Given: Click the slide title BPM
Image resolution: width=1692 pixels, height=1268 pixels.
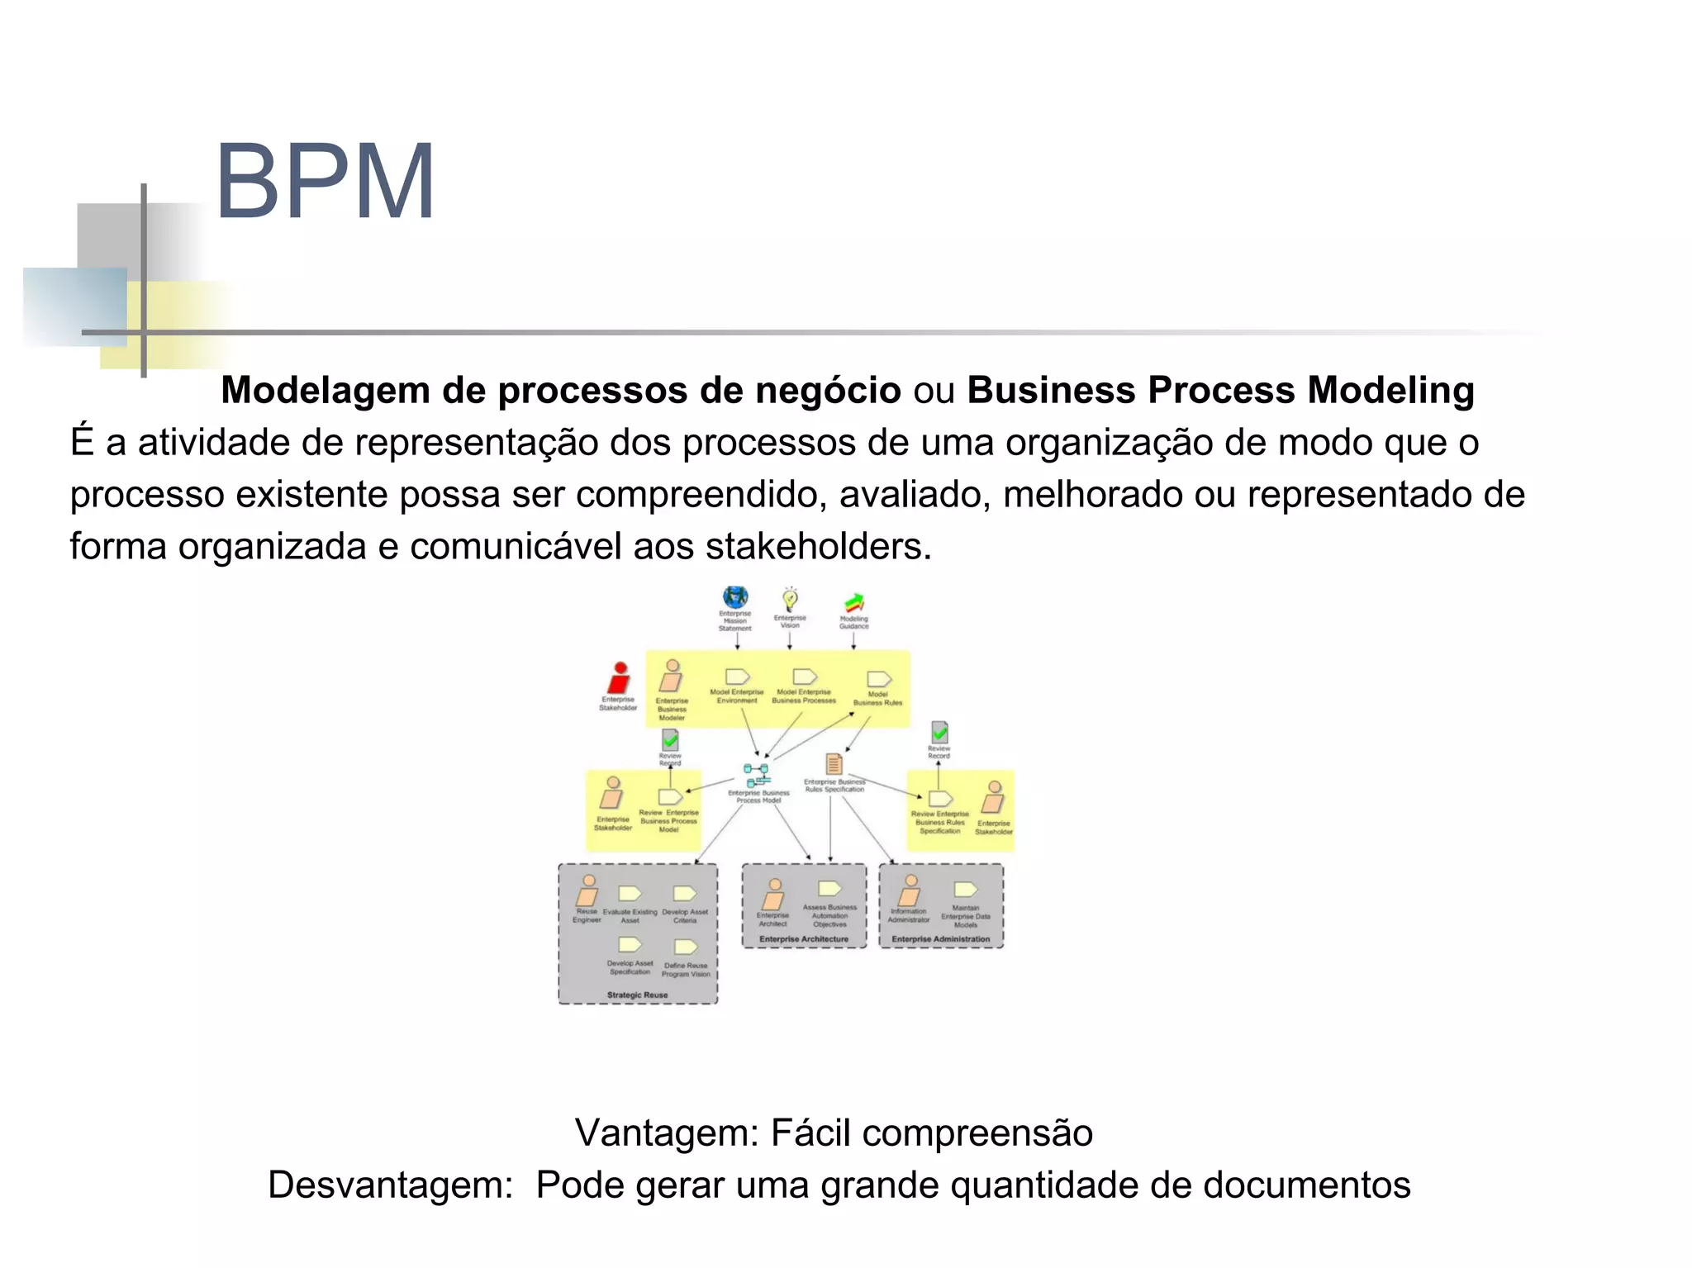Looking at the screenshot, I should tap(325, 182).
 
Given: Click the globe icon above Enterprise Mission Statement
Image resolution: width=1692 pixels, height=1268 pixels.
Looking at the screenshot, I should tap(734, 597).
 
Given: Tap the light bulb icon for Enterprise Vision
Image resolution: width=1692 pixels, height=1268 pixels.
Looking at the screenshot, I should tap(790, 599).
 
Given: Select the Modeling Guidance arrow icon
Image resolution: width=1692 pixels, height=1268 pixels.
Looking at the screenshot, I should tap(854, 602).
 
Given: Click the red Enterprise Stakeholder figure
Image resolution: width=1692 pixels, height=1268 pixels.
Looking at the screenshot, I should tap(619, 678).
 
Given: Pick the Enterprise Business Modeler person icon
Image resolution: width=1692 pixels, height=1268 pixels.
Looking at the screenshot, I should tap(672, 677).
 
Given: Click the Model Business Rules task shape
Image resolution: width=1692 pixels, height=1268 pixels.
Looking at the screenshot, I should tap(878, 679).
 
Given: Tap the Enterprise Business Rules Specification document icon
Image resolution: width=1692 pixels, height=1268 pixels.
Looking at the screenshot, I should tap(834, 764).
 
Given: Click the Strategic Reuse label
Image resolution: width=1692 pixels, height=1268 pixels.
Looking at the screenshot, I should tap(637, 995).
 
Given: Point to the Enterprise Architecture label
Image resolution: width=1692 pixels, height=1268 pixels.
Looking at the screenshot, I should tap(804, 939).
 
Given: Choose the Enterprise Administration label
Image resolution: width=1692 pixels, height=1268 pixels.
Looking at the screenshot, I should tap(940, 939).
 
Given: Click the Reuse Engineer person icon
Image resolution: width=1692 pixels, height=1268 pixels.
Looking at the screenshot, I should tap(587, 892).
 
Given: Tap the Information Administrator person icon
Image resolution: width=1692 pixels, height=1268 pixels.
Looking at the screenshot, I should tap(910, 892).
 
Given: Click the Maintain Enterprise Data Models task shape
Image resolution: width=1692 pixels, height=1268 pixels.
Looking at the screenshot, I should tap(965, 890).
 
